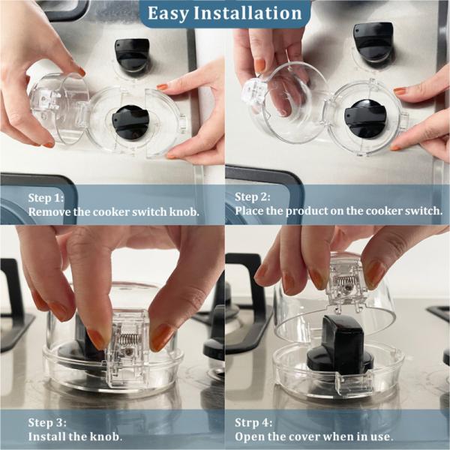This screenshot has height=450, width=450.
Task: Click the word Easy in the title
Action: pos(169,13)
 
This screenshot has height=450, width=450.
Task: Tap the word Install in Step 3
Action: pos(47,436)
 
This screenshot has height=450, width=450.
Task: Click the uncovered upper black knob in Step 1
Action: pos(132,55)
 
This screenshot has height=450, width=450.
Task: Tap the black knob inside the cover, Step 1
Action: pos(130,122)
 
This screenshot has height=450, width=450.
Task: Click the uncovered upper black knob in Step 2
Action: pos(373,41)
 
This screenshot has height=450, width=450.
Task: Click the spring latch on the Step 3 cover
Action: pos(128,346)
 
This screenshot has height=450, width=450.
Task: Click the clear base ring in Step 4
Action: pos(337,375)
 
